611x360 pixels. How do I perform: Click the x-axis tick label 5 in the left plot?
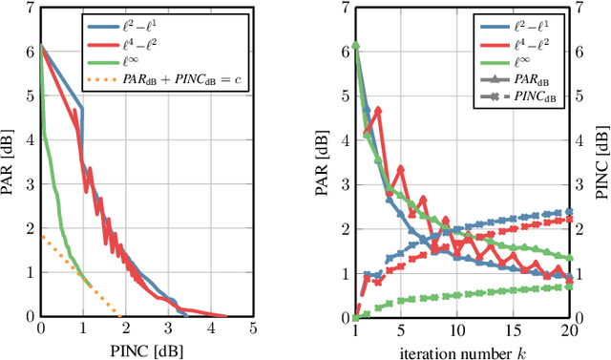click(253, 329)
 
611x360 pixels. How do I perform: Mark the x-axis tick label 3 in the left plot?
click(168, 329)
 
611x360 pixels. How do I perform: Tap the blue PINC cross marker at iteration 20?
click(570, 212)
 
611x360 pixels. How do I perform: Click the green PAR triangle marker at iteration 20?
click(570, 258)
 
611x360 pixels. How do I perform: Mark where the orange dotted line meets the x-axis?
click(120, 315)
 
